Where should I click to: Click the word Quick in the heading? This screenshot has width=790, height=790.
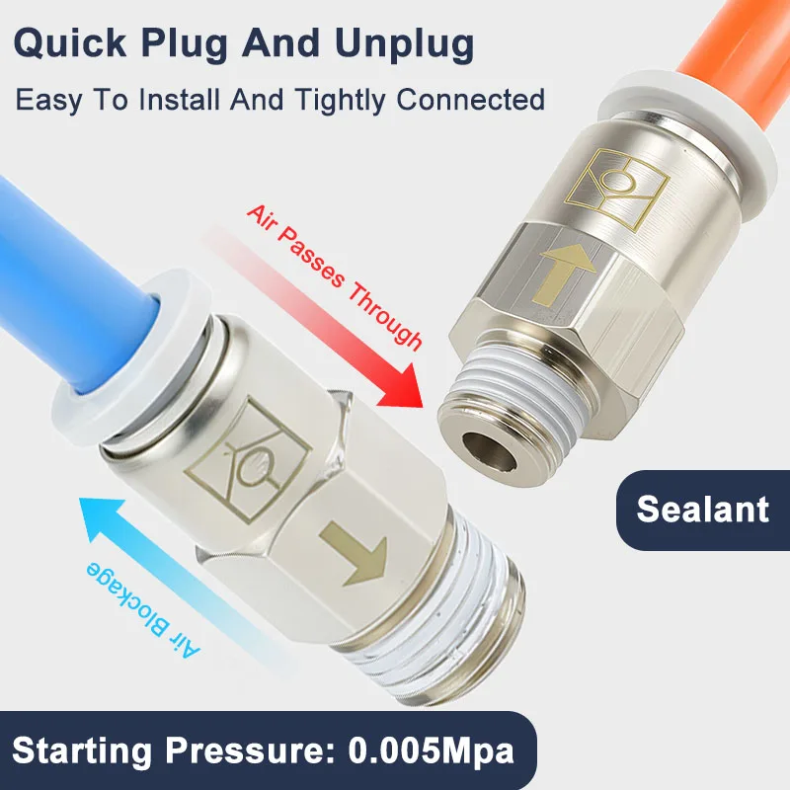[x=69, y=42]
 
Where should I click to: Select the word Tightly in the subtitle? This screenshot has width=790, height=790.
[x=341, y=100]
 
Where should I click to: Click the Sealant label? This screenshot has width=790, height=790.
[x=702, y=509]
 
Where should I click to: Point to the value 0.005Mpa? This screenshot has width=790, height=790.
[x=431, y=750]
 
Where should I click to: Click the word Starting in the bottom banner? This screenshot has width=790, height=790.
[x=82, y=751]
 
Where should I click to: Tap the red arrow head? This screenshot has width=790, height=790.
[x=403, y=386]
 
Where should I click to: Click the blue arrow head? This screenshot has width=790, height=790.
[x=101, y=519]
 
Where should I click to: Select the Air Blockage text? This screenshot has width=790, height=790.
[x=143, y=609]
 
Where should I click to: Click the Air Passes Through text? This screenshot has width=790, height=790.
[x=334, y=276]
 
